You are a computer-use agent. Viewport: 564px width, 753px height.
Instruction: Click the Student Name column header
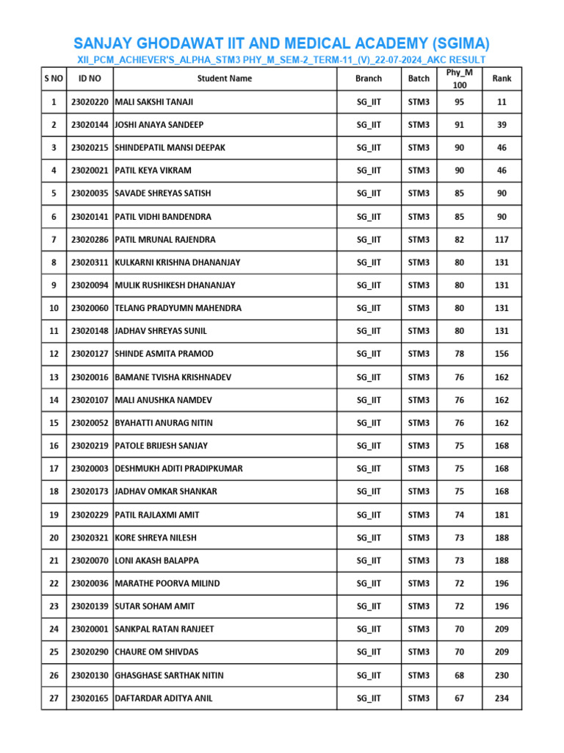point(224,78)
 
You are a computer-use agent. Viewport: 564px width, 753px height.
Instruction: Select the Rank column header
point(502,78)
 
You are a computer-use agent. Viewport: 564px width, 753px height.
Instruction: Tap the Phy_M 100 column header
point(459,79)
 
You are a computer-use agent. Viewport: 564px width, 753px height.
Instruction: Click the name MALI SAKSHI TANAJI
point(154,101)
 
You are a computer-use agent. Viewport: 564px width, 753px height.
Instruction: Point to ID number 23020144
point(90,125)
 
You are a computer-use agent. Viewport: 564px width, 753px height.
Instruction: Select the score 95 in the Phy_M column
point(459,101)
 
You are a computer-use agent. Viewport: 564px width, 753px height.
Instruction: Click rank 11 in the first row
point(502,101)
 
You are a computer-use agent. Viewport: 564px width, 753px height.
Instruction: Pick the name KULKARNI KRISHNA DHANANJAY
point(178,263)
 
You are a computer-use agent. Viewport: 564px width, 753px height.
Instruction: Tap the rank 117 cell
point(502,240)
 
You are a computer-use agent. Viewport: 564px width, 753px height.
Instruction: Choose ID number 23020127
point(90,354)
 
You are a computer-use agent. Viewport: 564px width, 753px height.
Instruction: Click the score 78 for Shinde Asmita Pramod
point(459,354)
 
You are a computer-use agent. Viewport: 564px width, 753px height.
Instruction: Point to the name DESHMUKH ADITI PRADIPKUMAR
point(178,468)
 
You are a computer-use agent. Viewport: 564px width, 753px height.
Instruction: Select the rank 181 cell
point(502,515)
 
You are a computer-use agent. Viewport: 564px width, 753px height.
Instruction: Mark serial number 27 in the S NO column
point(54,698)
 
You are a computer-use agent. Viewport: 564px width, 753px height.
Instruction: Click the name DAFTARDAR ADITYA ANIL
point(164,698)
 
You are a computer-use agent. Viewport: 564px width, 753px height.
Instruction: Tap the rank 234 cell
point(502,698)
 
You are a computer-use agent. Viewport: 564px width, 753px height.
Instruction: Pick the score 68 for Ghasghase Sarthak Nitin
point(459,675)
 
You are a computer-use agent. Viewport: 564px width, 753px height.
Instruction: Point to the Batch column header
point(419,78)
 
